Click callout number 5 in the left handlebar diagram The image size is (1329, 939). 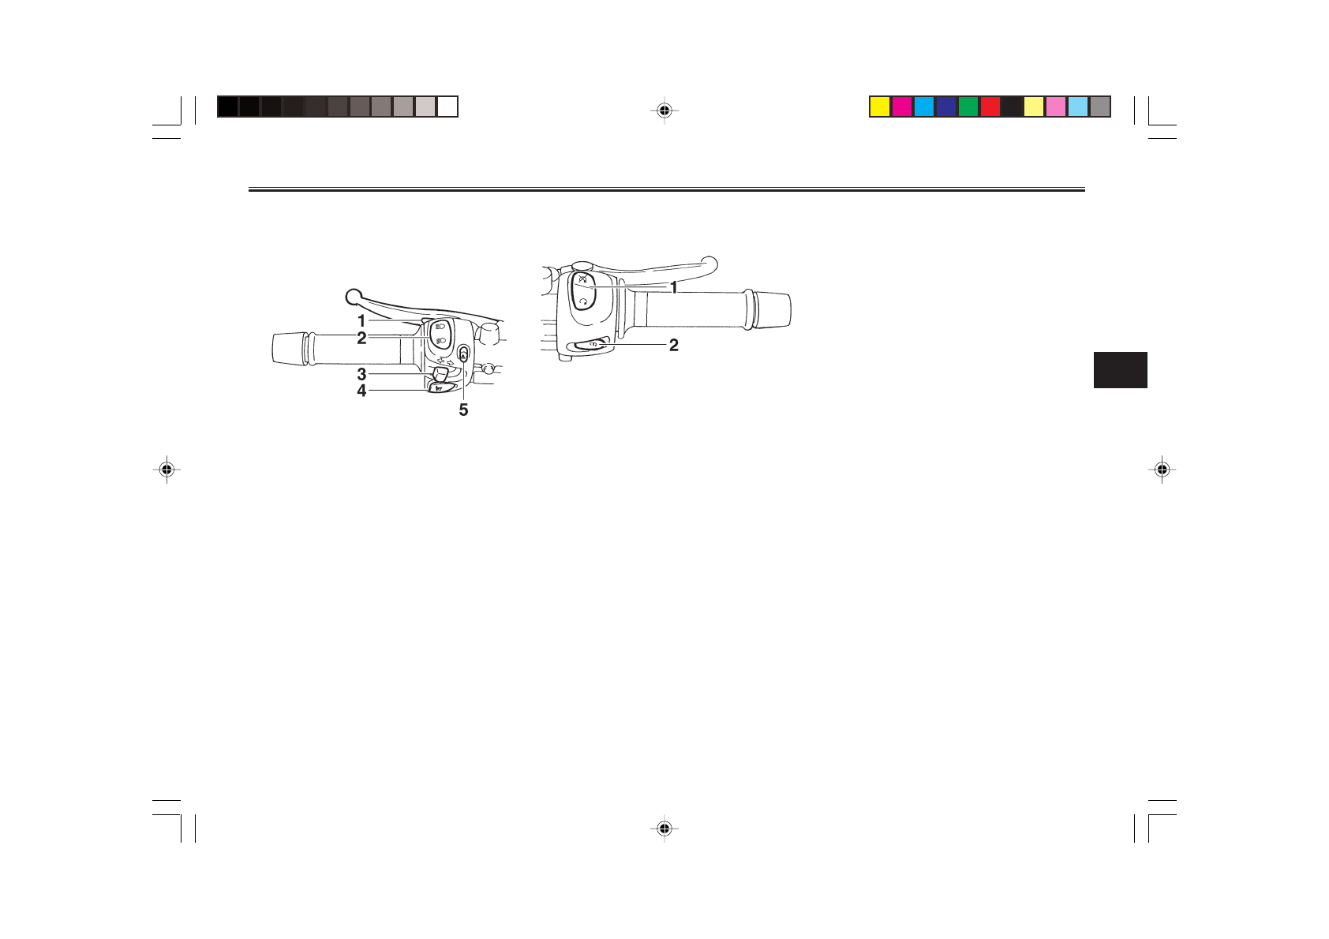(x=463, y=410)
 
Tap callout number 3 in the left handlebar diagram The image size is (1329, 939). (x=361, y=374)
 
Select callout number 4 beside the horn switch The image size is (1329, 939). (x=361, y=391)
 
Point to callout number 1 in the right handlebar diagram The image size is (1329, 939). (x=674, y=288)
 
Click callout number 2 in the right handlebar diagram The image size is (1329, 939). (x=674, y=345)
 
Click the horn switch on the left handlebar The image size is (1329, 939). (x=442, y=387)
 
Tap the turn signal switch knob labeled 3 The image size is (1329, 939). (x=440, y=373)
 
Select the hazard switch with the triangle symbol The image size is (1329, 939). (x=463, y=354)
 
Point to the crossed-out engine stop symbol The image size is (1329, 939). (x=582, y=280)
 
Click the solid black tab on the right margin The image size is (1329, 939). (x=1120, y=370)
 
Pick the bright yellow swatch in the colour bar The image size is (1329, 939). (x=880, y=107)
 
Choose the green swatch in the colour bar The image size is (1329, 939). (x=968, y=107)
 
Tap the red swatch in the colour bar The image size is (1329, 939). (x=990, y=107)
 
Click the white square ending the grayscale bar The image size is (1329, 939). (x=447, y=107)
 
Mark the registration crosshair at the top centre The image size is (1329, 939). (x=664, y=110)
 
